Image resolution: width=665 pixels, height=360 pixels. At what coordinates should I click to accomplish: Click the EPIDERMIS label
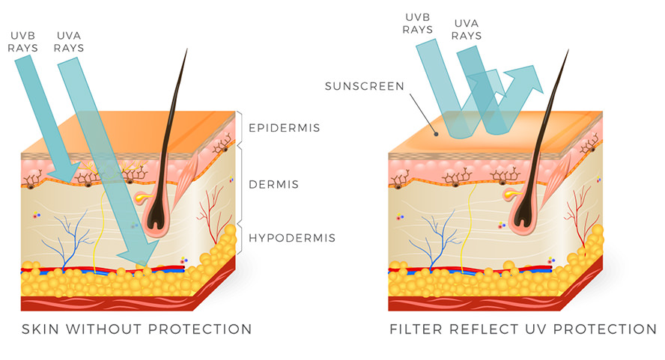pyautogui.click(x=284, y=128)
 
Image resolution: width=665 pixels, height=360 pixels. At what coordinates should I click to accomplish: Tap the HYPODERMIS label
pyautogui.click(x=292, y=239)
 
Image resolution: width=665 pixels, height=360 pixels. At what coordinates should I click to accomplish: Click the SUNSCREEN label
pyautogui.click(x=364, y=86)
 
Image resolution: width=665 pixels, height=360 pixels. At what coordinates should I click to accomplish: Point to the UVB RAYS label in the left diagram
pyautogui.click(x=23, y=40)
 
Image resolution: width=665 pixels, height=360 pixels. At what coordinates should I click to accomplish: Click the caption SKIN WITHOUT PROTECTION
pyautogui.click(x=136, y=329)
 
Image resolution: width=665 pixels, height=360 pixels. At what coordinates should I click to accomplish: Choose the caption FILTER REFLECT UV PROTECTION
pyautogui.click(x=523, y=329)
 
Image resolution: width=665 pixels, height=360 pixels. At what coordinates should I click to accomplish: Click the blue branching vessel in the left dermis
pyautogui.click(x=77, y=238)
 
